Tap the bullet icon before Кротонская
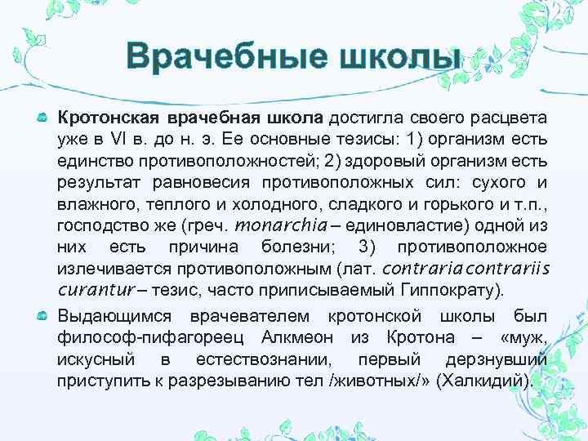[42, 119]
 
